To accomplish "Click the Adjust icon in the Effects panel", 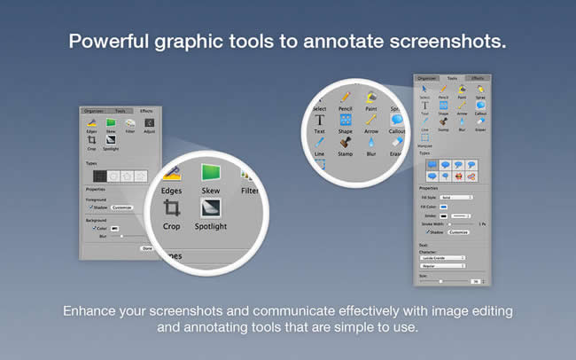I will (148, 125).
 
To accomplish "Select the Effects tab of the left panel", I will (146, 111).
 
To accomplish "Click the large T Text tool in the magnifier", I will (319, 119).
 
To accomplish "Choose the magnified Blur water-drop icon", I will (371, 143).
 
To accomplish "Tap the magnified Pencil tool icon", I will (346, 96).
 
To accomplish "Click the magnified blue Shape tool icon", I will (346, 119).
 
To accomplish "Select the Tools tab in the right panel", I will (451, 78).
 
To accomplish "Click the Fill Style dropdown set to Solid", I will (457, 197).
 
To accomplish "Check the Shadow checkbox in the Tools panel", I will (429, 231).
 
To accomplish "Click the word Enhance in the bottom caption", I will (91, 312).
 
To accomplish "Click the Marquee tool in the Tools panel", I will (424, 139).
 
